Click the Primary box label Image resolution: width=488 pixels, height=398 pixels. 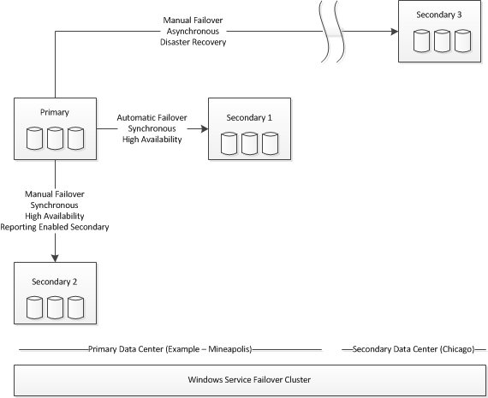[55, 112]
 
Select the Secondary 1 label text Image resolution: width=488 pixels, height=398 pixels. [249, 117]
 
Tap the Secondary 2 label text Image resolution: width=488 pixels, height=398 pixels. [55, 282]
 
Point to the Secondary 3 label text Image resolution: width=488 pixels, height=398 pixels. [439, 15]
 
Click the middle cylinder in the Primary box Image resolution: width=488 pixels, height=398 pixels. [55, 138]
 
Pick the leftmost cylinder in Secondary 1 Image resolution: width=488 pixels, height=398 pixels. [229, 144]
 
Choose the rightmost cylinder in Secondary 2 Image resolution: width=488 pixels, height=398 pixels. [75, 307]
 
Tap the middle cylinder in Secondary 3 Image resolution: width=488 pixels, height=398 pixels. [442, 41]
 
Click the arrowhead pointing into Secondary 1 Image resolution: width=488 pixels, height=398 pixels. [205, 128]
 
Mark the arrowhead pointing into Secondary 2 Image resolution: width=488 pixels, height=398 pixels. [55, 258]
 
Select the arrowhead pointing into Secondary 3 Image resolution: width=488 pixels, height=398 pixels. [395, 31]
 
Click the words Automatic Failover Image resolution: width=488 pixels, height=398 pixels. [152, 117]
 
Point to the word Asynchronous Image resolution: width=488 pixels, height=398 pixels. [193, 31]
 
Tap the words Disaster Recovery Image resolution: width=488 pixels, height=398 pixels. [193, 42]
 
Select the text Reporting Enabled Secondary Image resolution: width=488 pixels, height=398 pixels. [55, 227]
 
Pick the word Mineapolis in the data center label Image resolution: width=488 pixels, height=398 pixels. [229, 349]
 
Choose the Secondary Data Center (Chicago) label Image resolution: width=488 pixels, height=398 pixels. [414, 349]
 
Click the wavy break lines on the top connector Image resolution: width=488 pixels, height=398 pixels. [332, 31]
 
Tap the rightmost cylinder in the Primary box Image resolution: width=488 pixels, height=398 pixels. [75, 138]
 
